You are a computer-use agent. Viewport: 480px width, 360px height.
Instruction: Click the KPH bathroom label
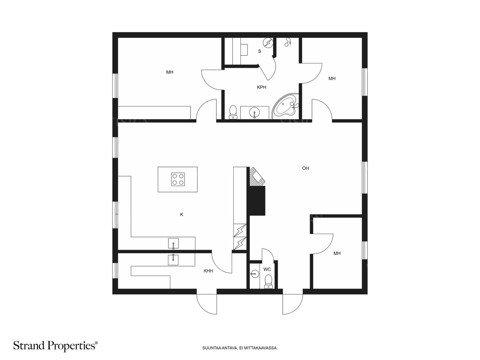[261, 87]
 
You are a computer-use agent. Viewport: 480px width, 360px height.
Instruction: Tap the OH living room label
[305, 168]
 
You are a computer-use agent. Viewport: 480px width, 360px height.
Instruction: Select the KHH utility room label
[208, 271]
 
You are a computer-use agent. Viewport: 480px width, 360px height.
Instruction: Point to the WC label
[267, 269]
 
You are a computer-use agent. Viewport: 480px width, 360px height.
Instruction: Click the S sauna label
[259, 51]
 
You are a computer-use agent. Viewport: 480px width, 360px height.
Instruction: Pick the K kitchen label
[181, 214]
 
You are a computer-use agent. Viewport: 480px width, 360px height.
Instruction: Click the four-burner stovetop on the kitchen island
[178, 179]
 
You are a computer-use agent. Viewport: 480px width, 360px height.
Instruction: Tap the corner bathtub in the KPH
[285, 106]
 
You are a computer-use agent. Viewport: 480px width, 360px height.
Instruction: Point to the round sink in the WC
[253, 274]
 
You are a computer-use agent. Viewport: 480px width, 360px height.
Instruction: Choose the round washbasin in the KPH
[255, 112]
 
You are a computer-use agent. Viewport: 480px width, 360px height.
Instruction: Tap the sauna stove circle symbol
[268, 43]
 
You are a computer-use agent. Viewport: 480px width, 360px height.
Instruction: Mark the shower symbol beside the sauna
[288, 42]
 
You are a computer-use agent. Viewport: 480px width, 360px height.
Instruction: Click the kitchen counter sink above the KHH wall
[173, 244]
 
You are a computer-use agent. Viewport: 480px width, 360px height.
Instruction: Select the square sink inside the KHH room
[173, 259]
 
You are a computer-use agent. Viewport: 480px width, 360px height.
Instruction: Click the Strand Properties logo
[55, 346]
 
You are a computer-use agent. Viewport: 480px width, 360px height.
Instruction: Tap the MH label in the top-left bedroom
[170, 72]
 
